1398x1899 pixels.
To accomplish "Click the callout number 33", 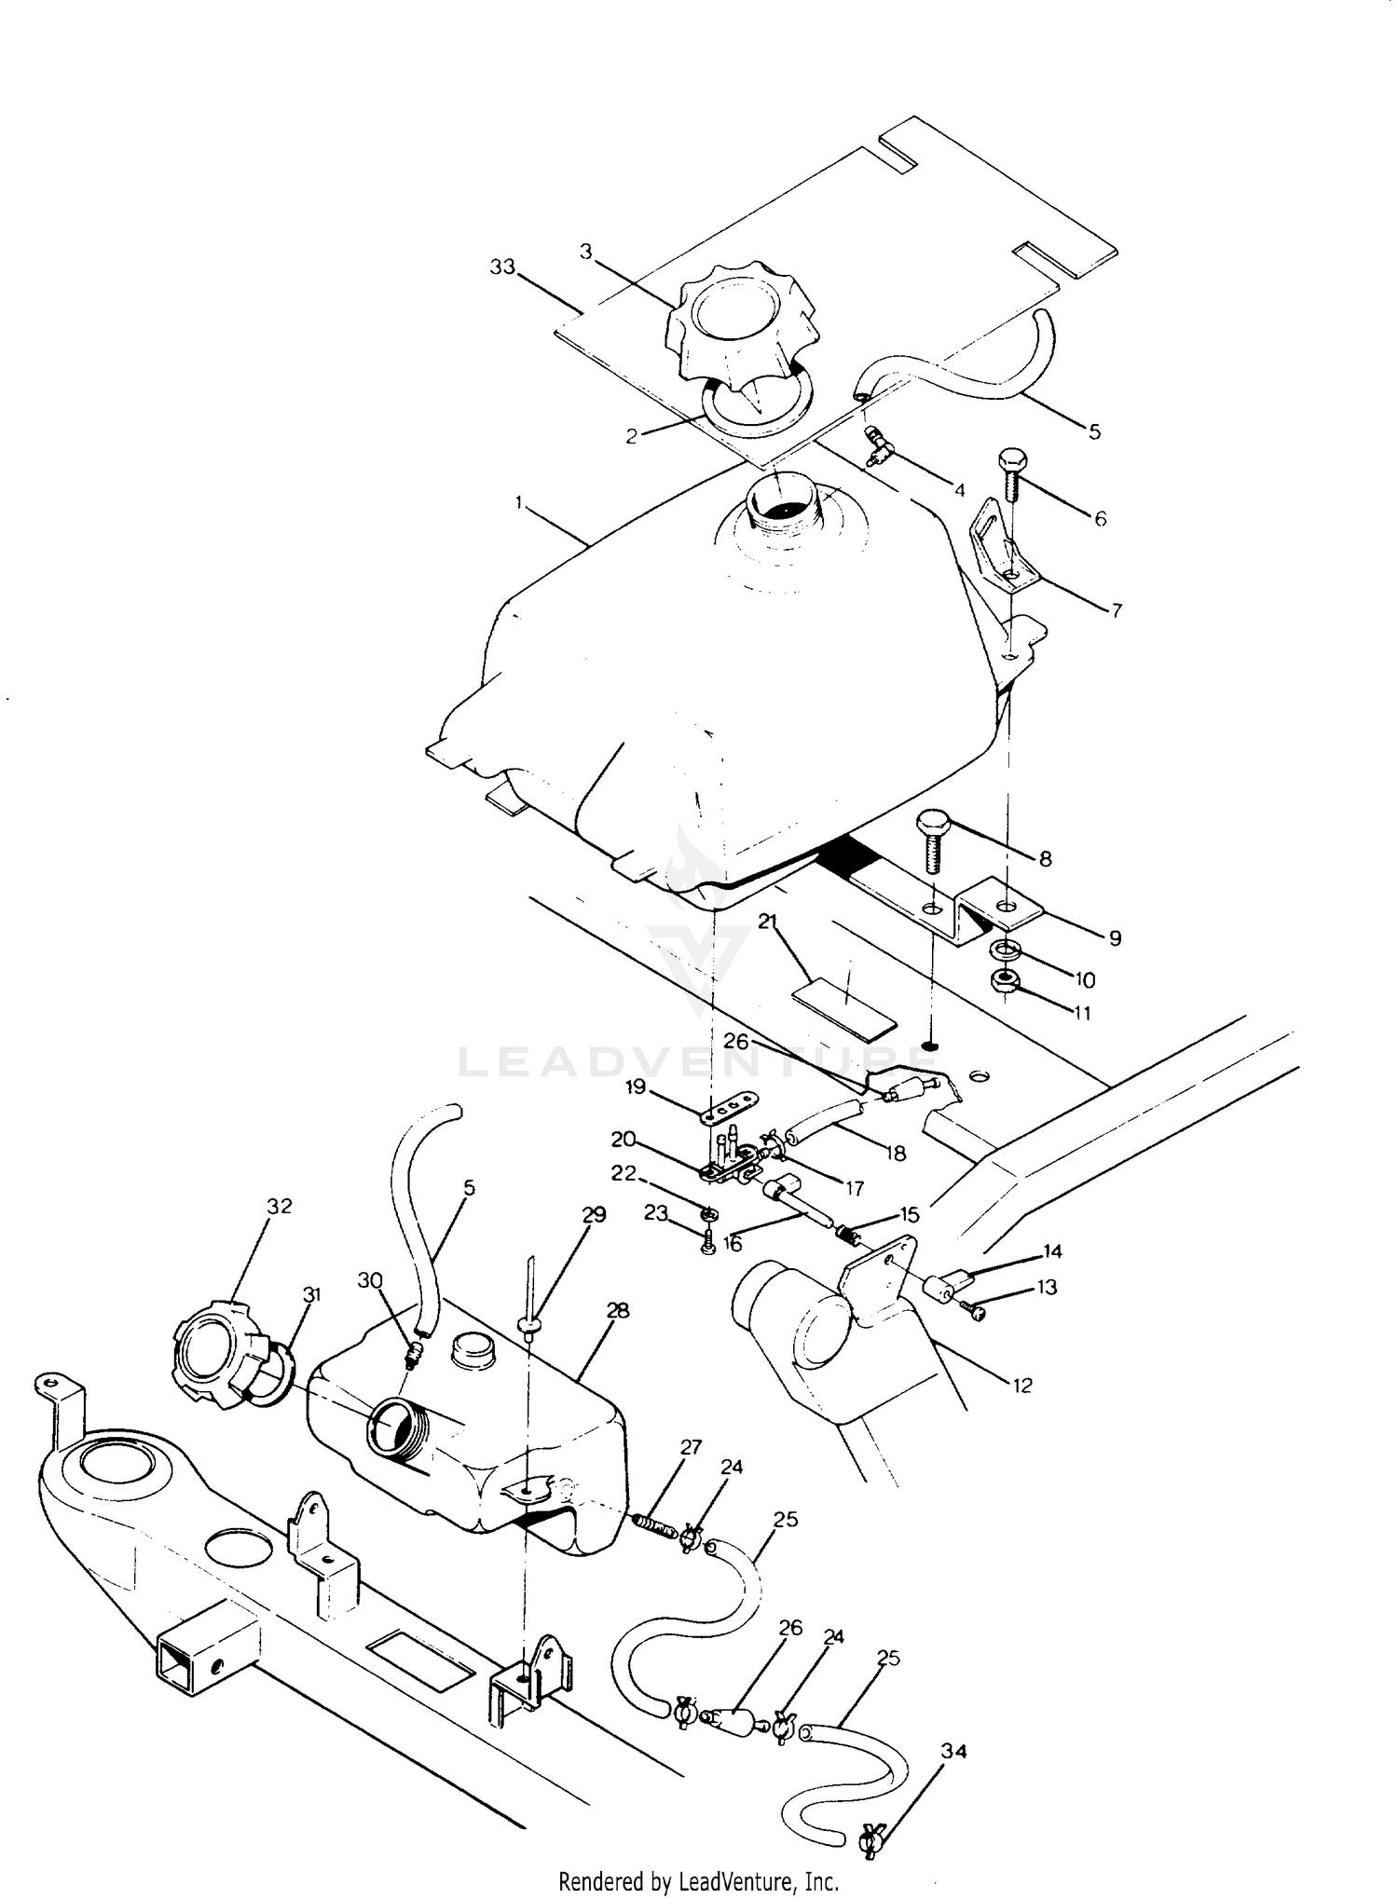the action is tap(503, 267).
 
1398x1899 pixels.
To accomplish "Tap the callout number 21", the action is tap(768, 922).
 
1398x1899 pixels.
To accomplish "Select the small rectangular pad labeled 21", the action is tap(844, 1008).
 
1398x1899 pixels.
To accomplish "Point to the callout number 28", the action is tap(618, 1311).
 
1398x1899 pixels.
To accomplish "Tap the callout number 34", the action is tap(953, 1752).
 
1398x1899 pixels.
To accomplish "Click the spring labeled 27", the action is tap(654, 1524).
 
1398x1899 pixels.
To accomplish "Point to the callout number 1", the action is tap(518, 502).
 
